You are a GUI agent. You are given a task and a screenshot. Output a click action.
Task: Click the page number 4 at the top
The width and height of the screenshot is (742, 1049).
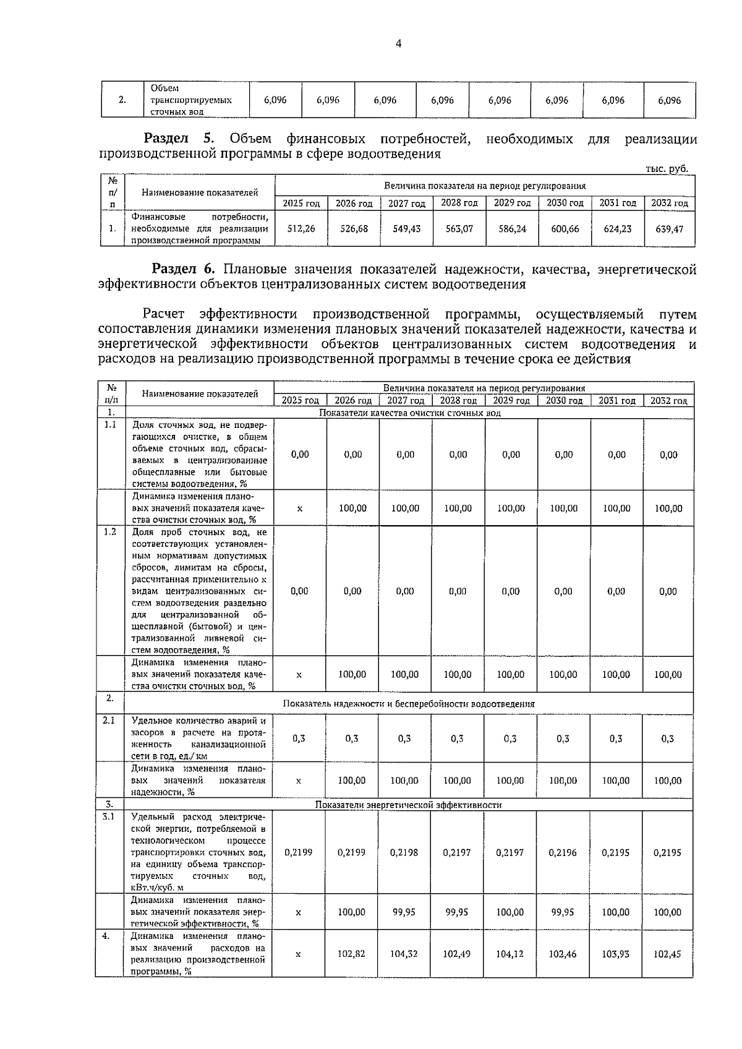click(x=398, y=43)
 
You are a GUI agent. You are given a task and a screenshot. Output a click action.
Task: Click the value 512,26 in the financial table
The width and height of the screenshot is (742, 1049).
click(x=301, y=228)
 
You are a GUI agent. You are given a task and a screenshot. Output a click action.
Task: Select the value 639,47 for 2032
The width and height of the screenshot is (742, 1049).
click(x=669, y=228)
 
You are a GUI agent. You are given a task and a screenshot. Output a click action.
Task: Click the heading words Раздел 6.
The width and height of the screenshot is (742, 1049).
click(x=184, y=269)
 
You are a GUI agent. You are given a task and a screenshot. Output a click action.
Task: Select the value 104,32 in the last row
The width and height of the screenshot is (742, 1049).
click(x=404, y=954)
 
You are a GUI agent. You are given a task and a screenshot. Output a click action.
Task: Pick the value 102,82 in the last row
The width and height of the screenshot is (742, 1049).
click(x=351, y=954)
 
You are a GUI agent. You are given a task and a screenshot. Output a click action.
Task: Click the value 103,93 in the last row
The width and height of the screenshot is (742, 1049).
click(x=616, y=954)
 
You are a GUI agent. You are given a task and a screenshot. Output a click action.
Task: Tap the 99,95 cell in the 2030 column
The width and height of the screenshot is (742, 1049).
click(x=563, y=912)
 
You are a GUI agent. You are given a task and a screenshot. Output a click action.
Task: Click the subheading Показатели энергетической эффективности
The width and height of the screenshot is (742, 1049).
click(x=408, y=805)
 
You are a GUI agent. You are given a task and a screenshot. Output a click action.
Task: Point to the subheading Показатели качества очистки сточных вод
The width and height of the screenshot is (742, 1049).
click(x=409, y=413)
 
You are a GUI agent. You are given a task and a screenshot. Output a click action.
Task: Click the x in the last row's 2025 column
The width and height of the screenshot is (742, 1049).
click(x=299, y=954)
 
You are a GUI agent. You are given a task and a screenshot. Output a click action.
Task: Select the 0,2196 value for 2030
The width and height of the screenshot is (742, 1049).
click(x=563, y=852)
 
